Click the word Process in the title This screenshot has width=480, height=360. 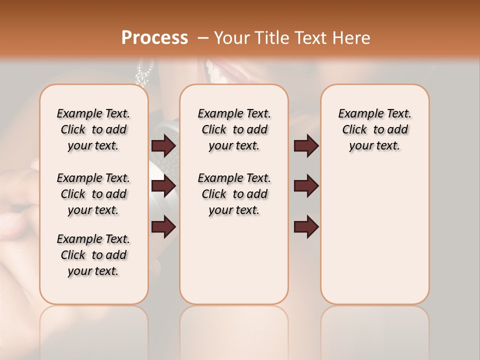pyautogui.click(x=154, y=38)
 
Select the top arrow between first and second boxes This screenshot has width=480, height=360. pyautogui.click(x=163, y=145)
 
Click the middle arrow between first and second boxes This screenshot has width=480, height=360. pyautogui.click(x=163, y=186)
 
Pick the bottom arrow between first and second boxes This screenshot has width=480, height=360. pyautogui.click(x=163, y=226)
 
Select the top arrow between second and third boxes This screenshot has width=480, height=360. pyautogui.click(x=306, y=145)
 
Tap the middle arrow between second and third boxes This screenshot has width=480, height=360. pyautogui.click(x=306, y=186)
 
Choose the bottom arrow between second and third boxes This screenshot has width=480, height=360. pyautogui.click(x=306, y=226)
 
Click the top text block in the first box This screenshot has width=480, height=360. pyautogui.click(x=93, y=129)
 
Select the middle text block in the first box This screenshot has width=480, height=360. pyautogui.click(x=93, y=194)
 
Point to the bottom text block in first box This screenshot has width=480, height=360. pyautogui.click(x=93, y=255)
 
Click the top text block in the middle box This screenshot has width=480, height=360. pyautogui.click(x=234, y=129)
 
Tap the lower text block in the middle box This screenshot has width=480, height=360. pyautogui.click(x=234, y=194)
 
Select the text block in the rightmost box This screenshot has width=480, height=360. pyautogui.click(x=374, y=129)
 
